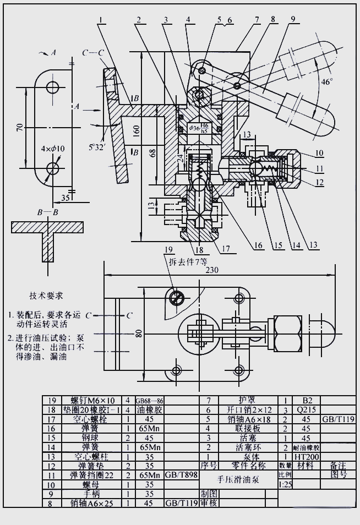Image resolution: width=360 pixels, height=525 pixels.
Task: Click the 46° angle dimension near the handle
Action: (327, 82)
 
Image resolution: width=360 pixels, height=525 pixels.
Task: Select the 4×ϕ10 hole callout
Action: (53, 148)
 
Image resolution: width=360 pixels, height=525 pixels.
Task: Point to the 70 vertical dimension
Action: (19, 127)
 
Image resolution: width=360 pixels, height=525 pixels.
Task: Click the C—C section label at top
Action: (93, 53)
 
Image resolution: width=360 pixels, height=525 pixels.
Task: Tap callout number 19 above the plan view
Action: (168, 249)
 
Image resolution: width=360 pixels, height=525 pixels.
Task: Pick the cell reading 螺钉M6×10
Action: (85, 401)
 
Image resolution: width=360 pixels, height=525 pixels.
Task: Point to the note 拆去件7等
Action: (188, 261)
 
